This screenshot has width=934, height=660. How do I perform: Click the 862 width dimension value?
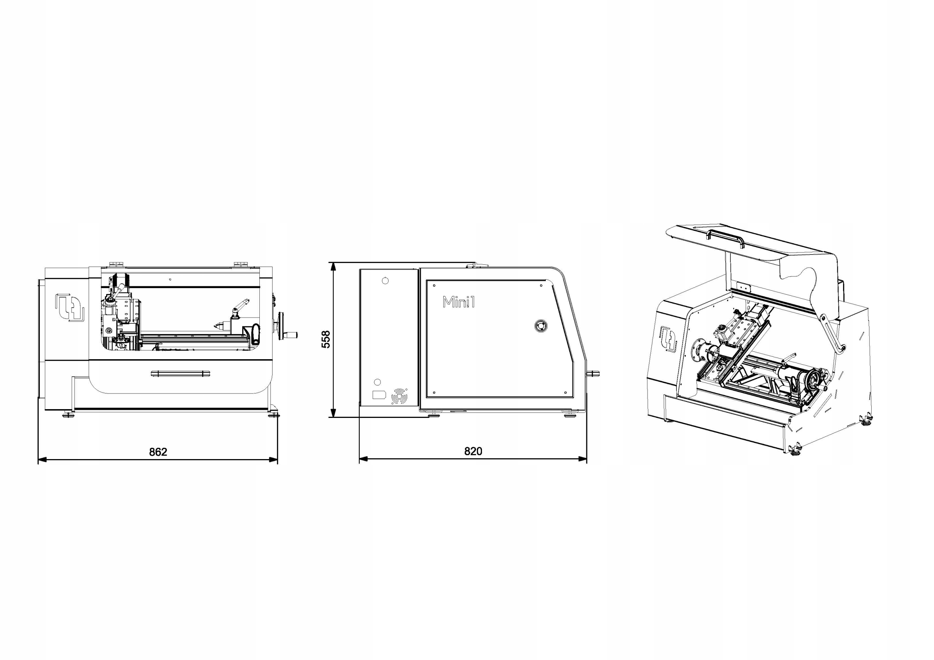(158, 452)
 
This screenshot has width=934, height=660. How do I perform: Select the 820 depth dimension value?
(473, 451)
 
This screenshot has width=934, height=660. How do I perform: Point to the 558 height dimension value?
(326, 339)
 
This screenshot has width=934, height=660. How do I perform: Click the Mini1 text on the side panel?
(459, 302)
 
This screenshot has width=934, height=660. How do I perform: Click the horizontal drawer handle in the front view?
(180, 374)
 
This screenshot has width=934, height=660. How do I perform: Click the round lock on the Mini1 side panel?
(541, 326)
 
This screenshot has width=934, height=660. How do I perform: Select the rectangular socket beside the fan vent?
(379, 395)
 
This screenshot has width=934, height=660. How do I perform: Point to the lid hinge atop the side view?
(476, 265)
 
